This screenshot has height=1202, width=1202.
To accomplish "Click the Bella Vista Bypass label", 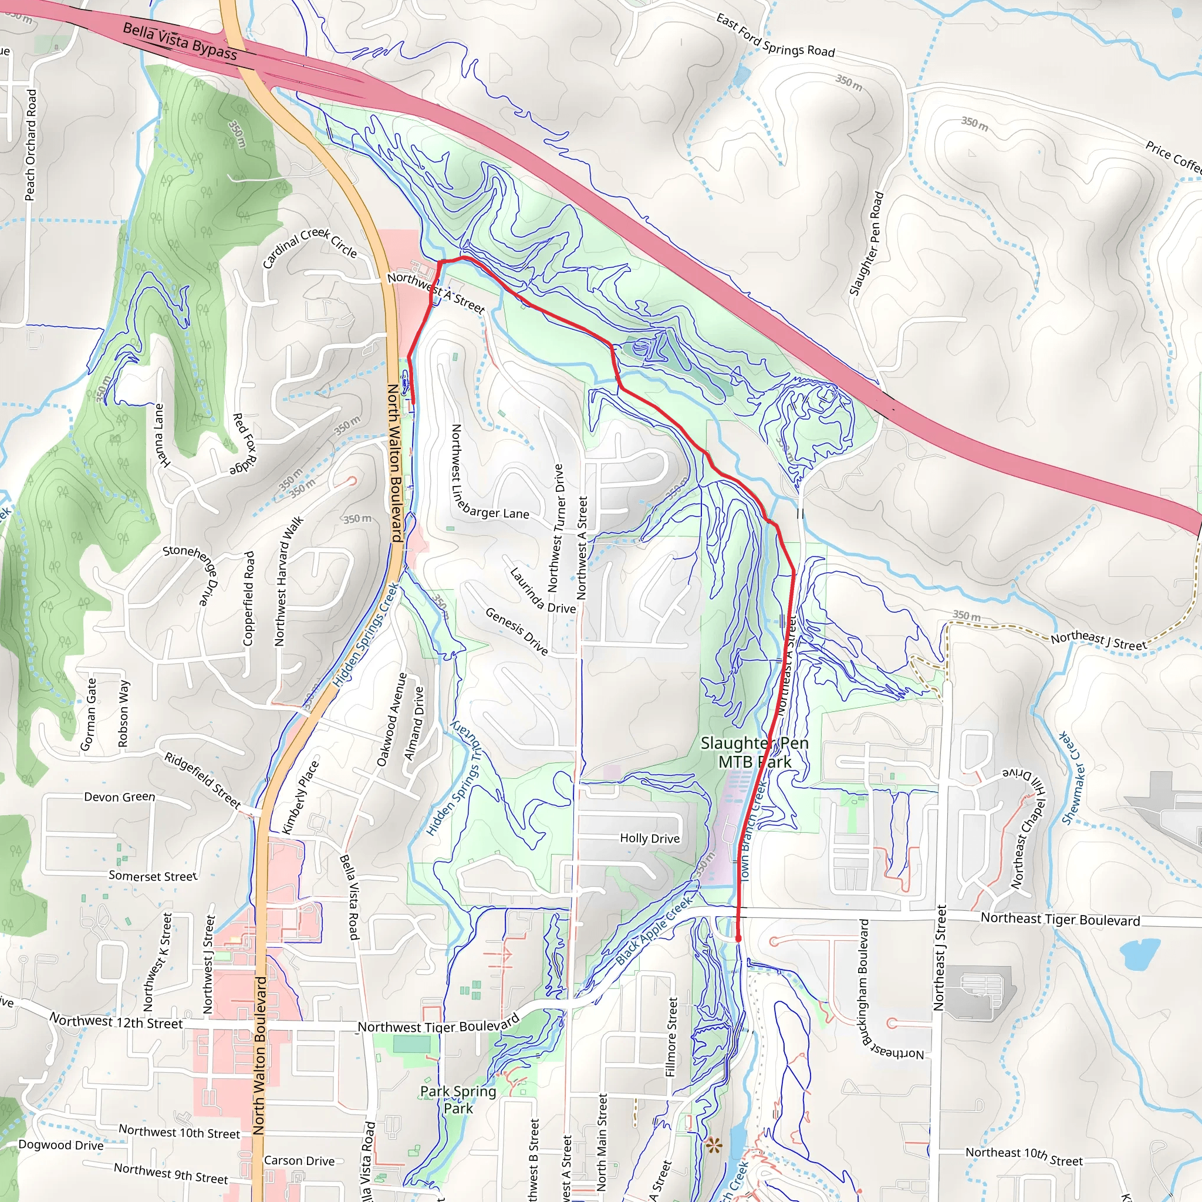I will pos(180,41).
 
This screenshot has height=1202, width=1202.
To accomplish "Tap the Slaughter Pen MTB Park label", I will pos(754,752).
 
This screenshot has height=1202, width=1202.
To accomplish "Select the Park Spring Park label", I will pos(458,1099).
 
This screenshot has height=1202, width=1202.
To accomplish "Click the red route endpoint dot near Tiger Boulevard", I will pos(738,938).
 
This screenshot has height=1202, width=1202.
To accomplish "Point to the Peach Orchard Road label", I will pos(31,145).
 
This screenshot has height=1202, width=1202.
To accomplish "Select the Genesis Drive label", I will pos(516,632).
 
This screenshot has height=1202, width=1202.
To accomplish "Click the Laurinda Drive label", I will pos(542,590).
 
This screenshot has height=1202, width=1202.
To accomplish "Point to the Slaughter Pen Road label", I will pos(866,243).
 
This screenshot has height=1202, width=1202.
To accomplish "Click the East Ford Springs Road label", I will pos(775,36).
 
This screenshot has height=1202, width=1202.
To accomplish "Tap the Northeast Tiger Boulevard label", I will pos(1060,920).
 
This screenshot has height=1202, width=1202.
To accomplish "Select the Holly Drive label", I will pos(650,838).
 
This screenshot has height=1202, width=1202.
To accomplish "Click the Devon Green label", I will pos(120,797).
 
